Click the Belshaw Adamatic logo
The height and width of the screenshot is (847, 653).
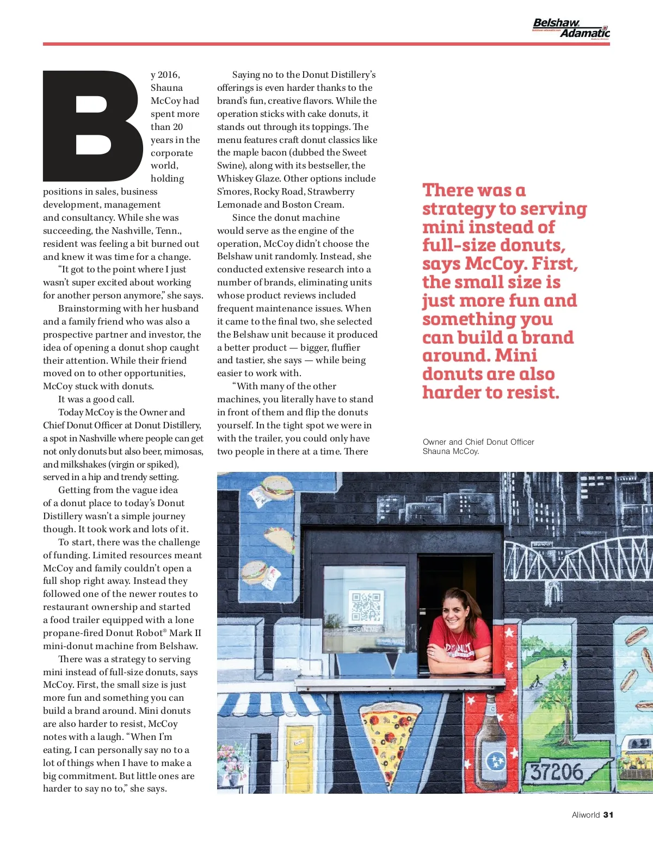pos(571,28)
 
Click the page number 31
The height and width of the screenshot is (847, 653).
pos(608,814)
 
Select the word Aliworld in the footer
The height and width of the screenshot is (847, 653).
pos(586,814)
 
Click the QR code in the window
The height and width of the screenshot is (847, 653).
pos(365,607)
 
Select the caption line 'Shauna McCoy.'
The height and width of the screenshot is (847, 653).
pos(451,451)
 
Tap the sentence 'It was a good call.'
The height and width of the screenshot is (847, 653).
pos(96,399)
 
